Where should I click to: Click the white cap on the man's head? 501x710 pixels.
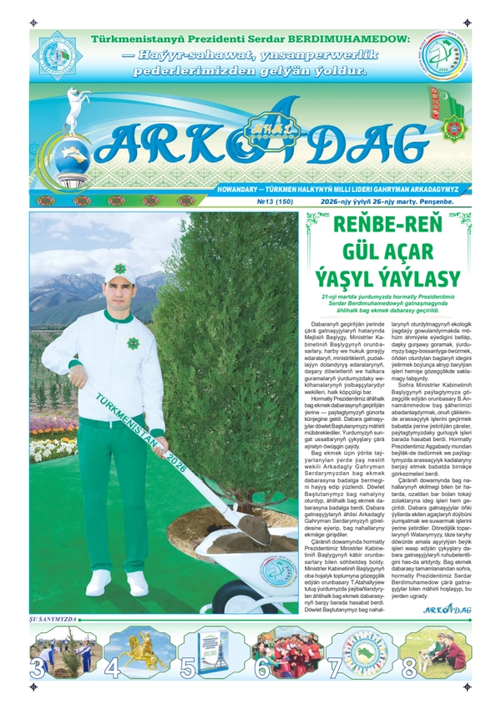[x=121, y=271]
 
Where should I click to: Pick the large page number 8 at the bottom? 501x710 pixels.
[x=409, y=669]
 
